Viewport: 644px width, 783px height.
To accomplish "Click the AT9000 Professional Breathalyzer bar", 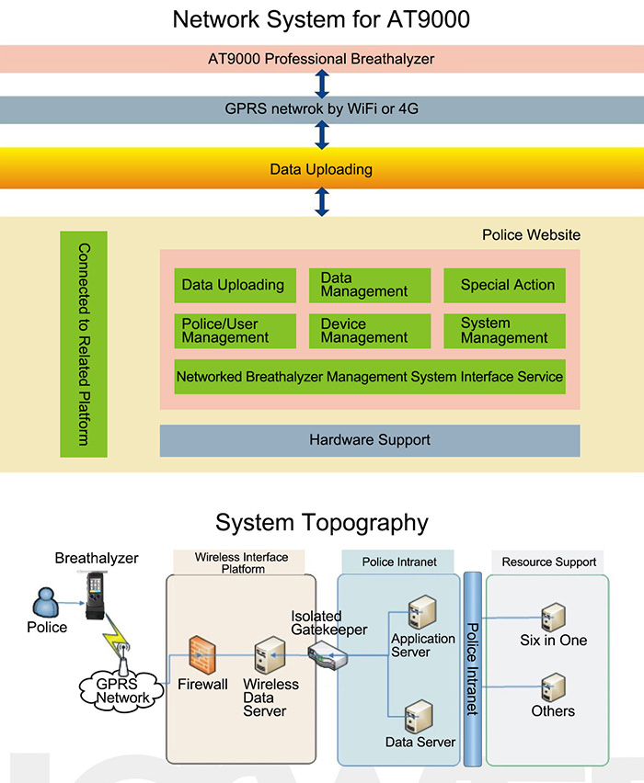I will (x=321, y=59).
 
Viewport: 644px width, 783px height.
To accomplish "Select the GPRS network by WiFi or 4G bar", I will (x=321, y=110).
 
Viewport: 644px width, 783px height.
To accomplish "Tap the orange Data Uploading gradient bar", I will (x=321, y=169).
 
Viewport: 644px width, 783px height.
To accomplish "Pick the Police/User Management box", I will (x=236, y=331).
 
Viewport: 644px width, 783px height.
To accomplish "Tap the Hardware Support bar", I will (x=370, y=440).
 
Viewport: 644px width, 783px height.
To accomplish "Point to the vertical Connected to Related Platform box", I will (x=84, y=345).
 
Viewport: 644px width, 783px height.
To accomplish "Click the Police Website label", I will (x=531, y=235).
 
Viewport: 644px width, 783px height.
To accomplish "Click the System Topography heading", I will (x=321, y=523).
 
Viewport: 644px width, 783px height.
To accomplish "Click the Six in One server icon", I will (x=553, y=617).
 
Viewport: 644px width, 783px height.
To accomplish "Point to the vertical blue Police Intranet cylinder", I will (x=473, y=668).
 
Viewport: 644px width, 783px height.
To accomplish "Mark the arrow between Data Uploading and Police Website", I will (x=321, y=200).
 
